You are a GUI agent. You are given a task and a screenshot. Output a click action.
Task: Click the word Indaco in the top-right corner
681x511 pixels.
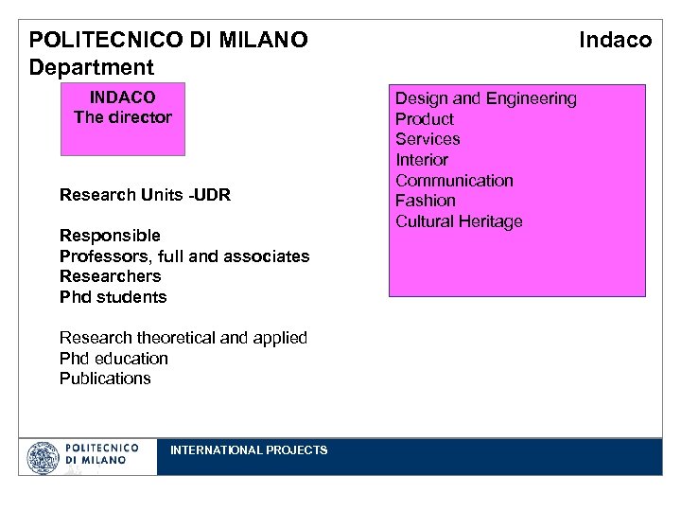615,40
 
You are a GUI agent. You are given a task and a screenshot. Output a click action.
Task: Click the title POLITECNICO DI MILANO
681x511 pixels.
168,40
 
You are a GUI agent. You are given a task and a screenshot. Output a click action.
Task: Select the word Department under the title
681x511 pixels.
91,68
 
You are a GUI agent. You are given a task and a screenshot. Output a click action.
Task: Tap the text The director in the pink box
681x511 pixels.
123,118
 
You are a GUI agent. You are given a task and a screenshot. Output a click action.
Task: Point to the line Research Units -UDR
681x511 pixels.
145,195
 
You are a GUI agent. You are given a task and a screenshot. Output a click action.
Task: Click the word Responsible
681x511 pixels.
110,235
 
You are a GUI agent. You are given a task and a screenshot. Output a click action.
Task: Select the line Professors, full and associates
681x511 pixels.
184,255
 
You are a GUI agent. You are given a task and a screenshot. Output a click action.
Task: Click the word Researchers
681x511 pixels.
110,276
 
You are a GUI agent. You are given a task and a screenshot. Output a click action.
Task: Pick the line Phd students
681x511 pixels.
113,297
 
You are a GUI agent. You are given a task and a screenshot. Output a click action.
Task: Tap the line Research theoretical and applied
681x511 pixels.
183,338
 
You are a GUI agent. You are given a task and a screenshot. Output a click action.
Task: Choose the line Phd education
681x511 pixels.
113,359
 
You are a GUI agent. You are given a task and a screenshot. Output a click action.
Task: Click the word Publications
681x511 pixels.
105,379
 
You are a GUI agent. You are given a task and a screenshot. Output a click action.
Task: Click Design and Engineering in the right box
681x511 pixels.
485,98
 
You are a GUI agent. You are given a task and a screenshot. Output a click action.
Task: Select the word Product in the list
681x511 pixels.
424,119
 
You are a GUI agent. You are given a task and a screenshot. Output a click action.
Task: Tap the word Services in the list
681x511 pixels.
428,139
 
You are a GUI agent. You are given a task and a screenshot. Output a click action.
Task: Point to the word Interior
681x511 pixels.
422,160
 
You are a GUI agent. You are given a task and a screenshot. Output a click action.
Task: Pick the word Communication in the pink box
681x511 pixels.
454,181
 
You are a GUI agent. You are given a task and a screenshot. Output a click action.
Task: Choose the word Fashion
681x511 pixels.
426,201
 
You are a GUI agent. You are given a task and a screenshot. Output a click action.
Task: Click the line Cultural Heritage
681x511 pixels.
459,221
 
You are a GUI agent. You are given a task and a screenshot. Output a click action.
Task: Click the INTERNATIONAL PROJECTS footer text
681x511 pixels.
249,450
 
